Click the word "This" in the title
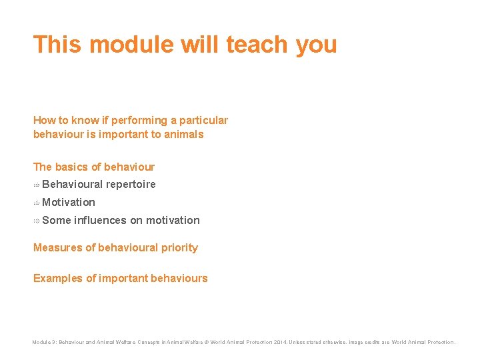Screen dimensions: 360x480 (57, 45)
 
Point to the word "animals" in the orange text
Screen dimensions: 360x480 (185, 135)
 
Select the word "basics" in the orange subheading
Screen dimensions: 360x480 (71, 167)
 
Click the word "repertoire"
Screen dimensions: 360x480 (131, 185)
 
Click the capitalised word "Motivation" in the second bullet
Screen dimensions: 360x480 (69, 203)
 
